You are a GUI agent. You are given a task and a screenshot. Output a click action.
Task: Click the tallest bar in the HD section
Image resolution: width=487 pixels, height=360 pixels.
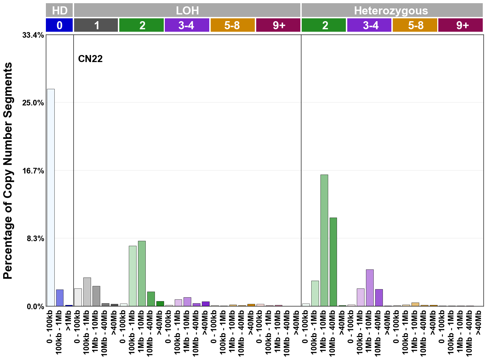[51, 197]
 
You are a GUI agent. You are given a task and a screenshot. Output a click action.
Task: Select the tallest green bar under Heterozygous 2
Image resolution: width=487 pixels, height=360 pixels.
[324, 240]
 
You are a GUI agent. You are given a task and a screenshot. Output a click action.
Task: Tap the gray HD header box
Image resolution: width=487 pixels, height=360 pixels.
[59, 10]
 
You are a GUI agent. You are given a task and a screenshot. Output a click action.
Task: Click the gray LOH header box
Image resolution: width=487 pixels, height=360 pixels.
[187, 10]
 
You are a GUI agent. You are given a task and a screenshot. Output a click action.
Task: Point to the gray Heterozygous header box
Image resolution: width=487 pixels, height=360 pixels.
[392, 10]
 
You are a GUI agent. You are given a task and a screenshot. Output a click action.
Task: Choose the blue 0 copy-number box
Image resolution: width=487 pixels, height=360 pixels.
[59, 25]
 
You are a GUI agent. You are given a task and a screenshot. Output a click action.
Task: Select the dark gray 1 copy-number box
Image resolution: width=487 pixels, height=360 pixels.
[96, 25]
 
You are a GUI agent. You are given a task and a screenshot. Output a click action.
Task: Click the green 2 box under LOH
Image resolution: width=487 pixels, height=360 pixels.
[142, 25]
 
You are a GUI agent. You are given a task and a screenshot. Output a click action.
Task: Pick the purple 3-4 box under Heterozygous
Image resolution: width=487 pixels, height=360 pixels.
[369, 25]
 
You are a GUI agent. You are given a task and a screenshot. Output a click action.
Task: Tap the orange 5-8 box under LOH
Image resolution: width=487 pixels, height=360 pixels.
[233, 25]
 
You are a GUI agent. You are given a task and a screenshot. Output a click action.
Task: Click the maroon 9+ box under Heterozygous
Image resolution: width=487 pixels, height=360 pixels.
[461, 25]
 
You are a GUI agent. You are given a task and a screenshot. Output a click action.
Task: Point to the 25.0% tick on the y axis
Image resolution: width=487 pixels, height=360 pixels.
[33, 103]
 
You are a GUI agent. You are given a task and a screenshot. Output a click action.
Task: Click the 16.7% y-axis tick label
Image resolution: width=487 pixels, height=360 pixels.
[33, 171]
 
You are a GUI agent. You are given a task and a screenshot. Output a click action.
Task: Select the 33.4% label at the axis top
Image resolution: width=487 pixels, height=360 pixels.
[33, 35]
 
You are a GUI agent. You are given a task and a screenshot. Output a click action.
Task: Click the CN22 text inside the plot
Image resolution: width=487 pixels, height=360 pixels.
[90, 59]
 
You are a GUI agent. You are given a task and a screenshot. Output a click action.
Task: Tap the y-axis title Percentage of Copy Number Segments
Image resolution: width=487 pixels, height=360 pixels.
[8, 171]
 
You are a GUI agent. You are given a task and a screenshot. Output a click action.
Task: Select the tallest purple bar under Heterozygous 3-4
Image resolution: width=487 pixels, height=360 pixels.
[369, 288]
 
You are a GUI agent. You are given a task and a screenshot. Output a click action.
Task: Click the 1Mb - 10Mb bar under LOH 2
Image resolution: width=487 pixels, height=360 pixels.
[142, 273]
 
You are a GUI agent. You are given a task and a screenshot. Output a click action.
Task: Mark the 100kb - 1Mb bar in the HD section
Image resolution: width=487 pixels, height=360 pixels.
[60, 298]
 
